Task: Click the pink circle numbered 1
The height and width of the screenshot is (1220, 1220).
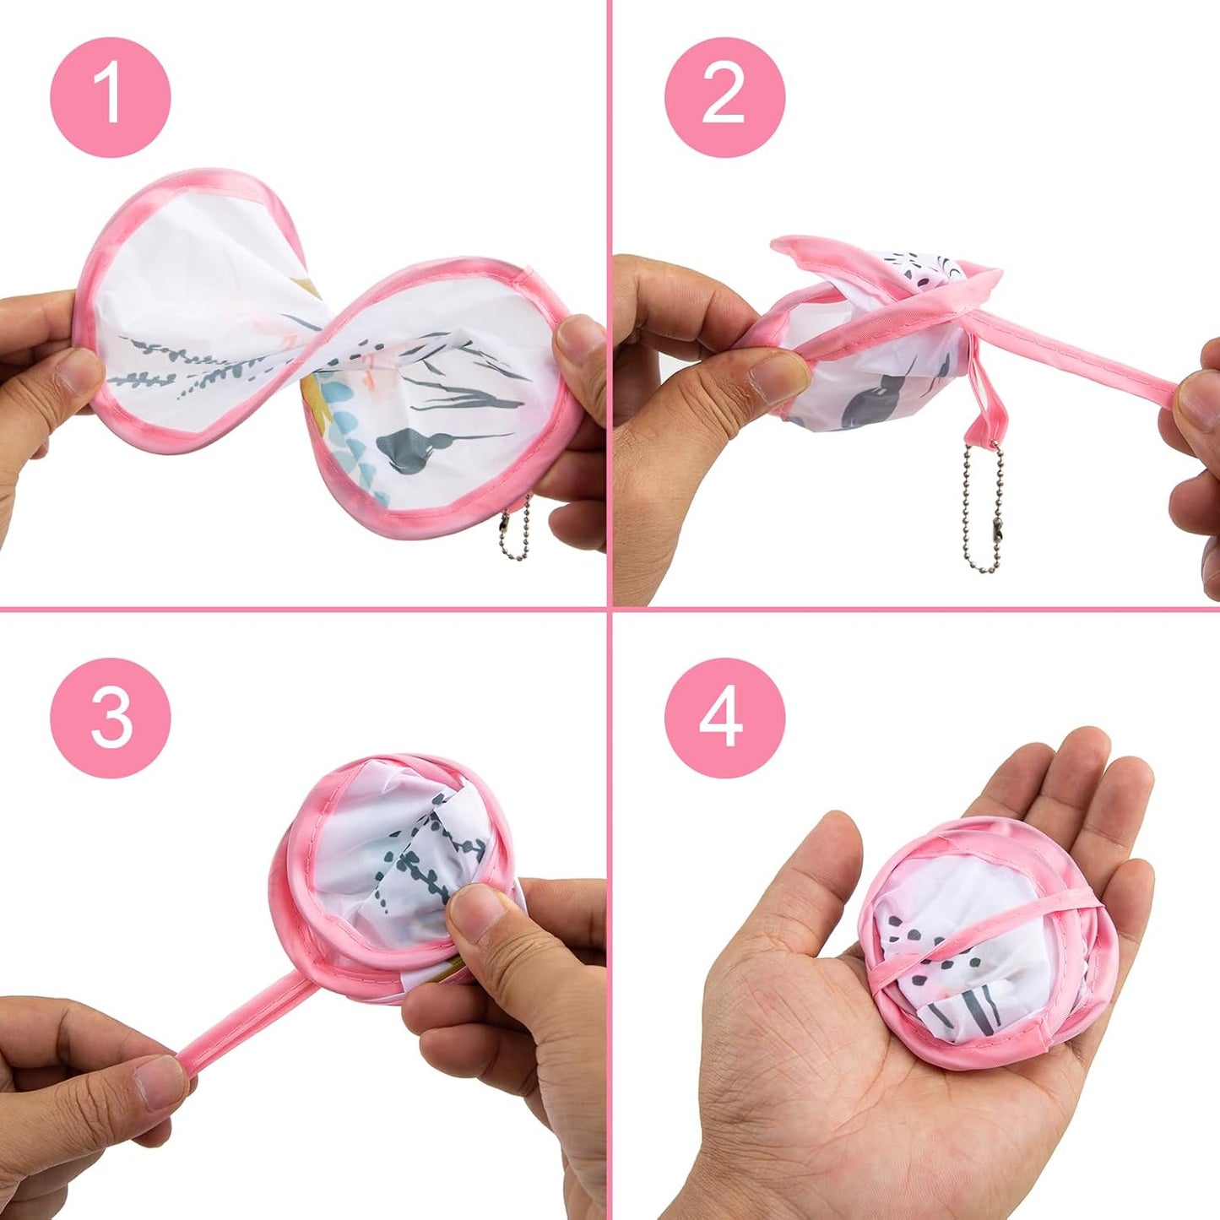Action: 111,97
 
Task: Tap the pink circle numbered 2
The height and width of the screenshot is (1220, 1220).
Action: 724,97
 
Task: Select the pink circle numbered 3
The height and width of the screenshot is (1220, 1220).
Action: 111,718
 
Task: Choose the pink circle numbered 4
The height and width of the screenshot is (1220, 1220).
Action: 724,718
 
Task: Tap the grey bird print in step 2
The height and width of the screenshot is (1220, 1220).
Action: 874,402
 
